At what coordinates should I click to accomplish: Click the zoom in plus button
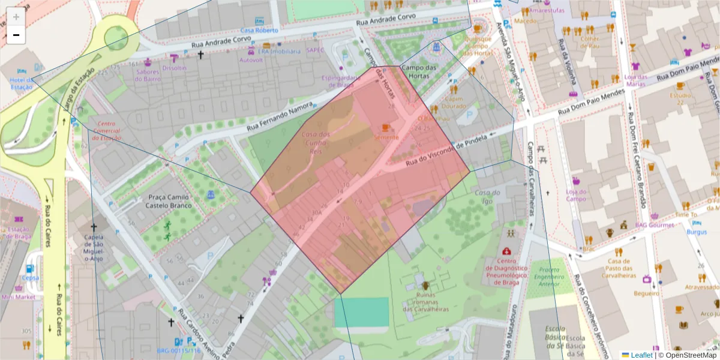(x=16, y=16)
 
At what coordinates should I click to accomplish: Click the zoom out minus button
(x=16, y=35)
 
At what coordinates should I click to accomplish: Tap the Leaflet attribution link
(x=641, y=355)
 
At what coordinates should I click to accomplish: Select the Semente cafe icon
(x=386, y=127)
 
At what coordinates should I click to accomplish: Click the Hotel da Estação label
(x=22, y=83)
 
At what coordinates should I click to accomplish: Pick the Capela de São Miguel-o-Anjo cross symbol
(x=93, y=227)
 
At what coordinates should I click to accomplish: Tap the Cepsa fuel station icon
(x=30, y=268)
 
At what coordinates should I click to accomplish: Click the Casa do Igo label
(x=487, y=197)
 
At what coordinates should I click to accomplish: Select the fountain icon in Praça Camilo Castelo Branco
(x=211, y=195)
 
